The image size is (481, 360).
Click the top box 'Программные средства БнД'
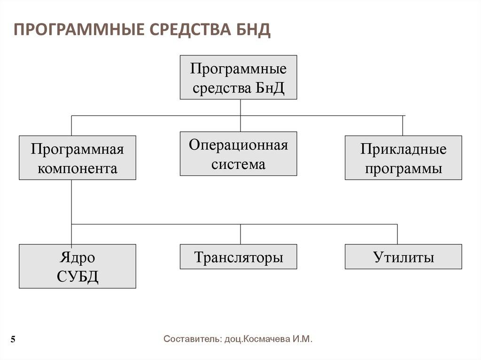(238, 77)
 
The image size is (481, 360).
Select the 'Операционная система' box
(238, 154)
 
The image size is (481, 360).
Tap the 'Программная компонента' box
(78, 158)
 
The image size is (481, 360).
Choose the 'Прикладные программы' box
(403, 158)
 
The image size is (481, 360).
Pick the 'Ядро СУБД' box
(78, 266)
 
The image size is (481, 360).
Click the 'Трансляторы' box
(238, 257)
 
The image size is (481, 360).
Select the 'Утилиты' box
(403, 257)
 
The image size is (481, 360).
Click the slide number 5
(13, 340)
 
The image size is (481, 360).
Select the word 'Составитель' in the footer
(190, 339)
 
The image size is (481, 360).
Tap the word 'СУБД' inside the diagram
(78, 276)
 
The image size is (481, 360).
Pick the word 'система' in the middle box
(238, 164)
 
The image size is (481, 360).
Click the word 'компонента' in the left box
(78, 168)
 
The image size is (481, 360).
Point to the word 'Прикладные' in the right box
(403, 149)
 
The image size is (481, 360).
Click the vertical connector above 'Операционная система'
(240, 123)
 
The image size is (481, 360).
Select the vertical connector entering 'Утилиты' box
(397, 234)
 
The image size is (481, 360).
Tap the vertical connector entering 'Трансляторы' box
(240, 234)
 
